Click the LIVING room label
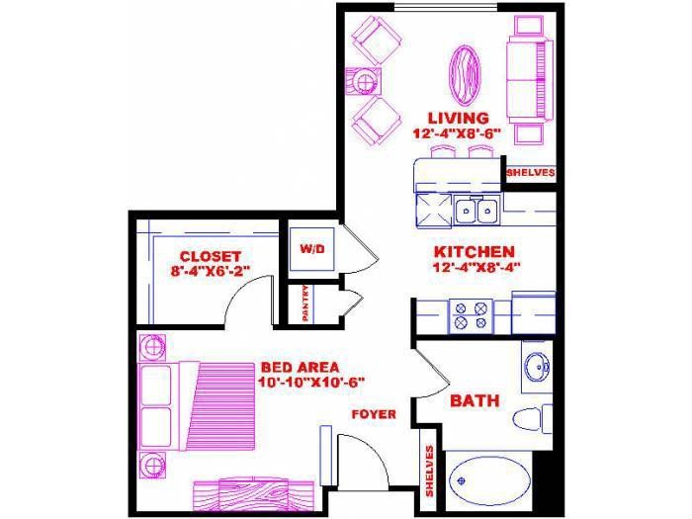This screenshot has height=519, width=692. click(x=459, y=119)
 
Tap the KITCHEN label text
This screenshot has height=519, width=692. click(x=475, y=252)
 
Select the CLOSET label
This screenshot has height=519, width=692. click(x=211, y=256)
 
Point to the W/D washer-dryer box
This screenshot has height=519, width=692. click(x=312, y=249)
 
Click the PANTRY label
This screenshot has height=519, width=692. click(x=305, y=303)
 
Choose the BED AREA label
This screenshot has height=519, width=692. click(x=301, y=367)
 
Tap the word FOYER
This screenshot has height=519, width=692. click(x=374, y=414)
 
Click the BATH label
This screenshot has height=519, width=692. click(x=475, y=400)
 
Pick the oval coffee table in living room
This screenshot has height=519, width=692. click(x=465, y=75)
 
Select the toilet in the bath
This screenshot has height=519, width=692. click(x=532, y=418)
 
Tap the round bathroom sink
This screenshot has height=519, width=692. click(x=537, y=366)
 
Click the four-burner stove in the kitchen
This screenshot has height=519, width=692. click(x=471, y=316)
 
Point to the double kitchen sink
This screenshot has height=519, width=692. click(x=476, y=211)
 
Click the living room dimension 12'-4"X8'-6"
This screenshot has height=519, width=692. click(x=457, y=133)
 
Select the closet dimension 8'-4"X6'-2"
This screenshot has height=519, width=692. click(x=211, y=271)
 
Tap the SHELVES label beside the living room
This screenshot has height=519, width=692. click(x=531, y=173)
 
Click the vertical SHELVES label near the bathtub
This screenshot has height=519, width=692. click(x=429, y=471)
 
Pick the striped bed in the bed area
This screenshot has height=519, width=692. click(x=198, y=406)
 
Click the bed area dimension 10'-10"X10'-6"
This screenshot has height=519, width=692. click(x=311, y=383)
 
